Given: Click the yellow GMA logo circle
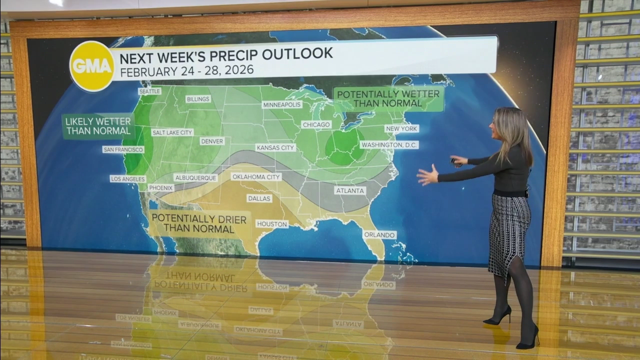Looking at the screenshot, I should click(x=91, y=66).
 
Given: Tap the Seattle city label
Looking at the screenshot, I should click(x=149, y=91).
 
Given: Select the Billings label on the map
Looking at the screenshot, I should click(x=198, y=99).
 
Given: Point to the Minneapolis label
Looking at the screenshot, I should click(x=282, y=104).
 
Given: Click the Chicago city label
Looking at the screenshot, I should click(x=316, y=124).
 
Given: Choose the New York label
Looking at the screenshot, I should click(x=401, y=128).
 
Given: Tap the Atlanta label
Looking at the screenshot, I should click(x=350, y=190).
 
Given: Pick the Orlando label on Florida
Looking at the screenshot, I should click(x=379, y=234).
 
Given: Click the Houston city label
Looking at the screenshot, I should click(x=272, y=224).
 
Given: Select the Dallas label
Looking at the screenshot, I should click(x=259, y=198).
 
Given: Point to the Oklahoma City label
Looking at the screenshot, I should click(x=256, y=176).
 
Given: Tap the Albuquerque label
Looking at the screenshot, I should click(x=195, y=177).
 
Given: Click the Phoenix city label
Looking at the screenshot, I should click(x=161, y=188).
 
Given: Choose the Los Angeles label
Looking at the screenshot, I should click(x=128, y=179).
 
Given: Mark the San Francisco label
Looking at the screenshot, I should click(x=123, y=149).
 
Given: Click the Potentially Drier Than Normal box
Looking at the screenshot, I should click(x=199, y=223).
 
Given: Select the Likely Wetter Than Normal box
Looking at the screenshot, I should click(x=98, y=126).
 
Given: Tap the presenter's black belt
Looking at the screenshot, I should click(x=510, y=193).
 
